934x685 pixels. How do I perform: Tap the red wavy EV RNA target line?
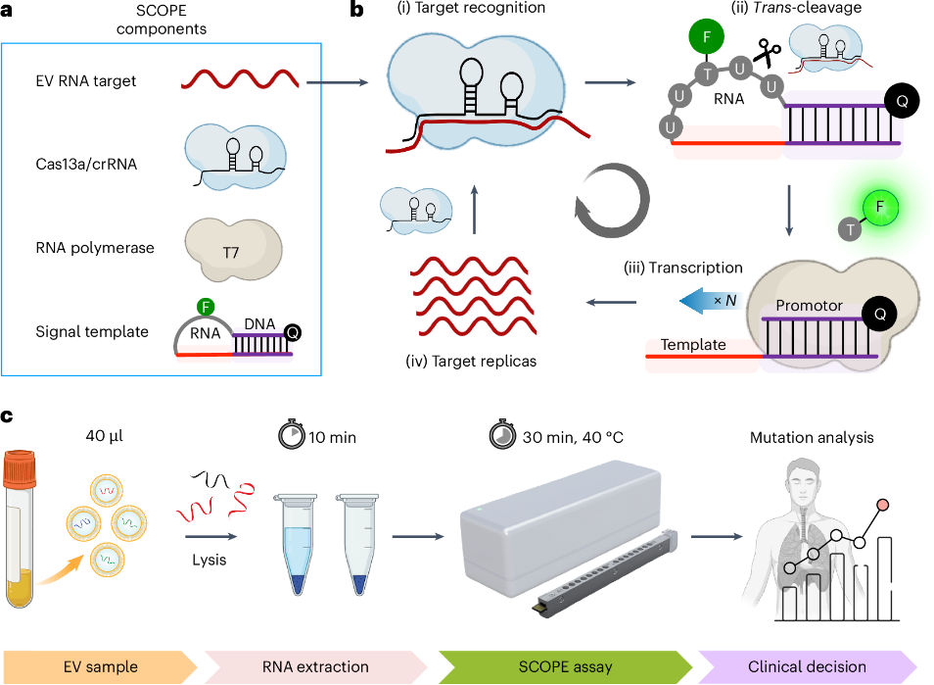[x=241, y=81]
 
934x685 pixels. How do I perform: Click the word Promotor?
[x=810, y=306]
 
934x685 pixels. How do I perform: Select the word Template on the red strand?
[x=694, y=344]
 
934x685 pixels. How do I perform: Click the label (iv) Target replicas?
[x=470, y=361]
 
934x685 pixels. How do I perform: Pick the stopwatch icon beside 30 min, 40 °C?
[x=500, y=437]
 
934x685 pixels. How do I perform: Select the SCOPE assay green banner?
[x=564, y=666]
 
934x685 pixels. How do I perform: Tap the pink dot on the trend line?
[x=884, y=505]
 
